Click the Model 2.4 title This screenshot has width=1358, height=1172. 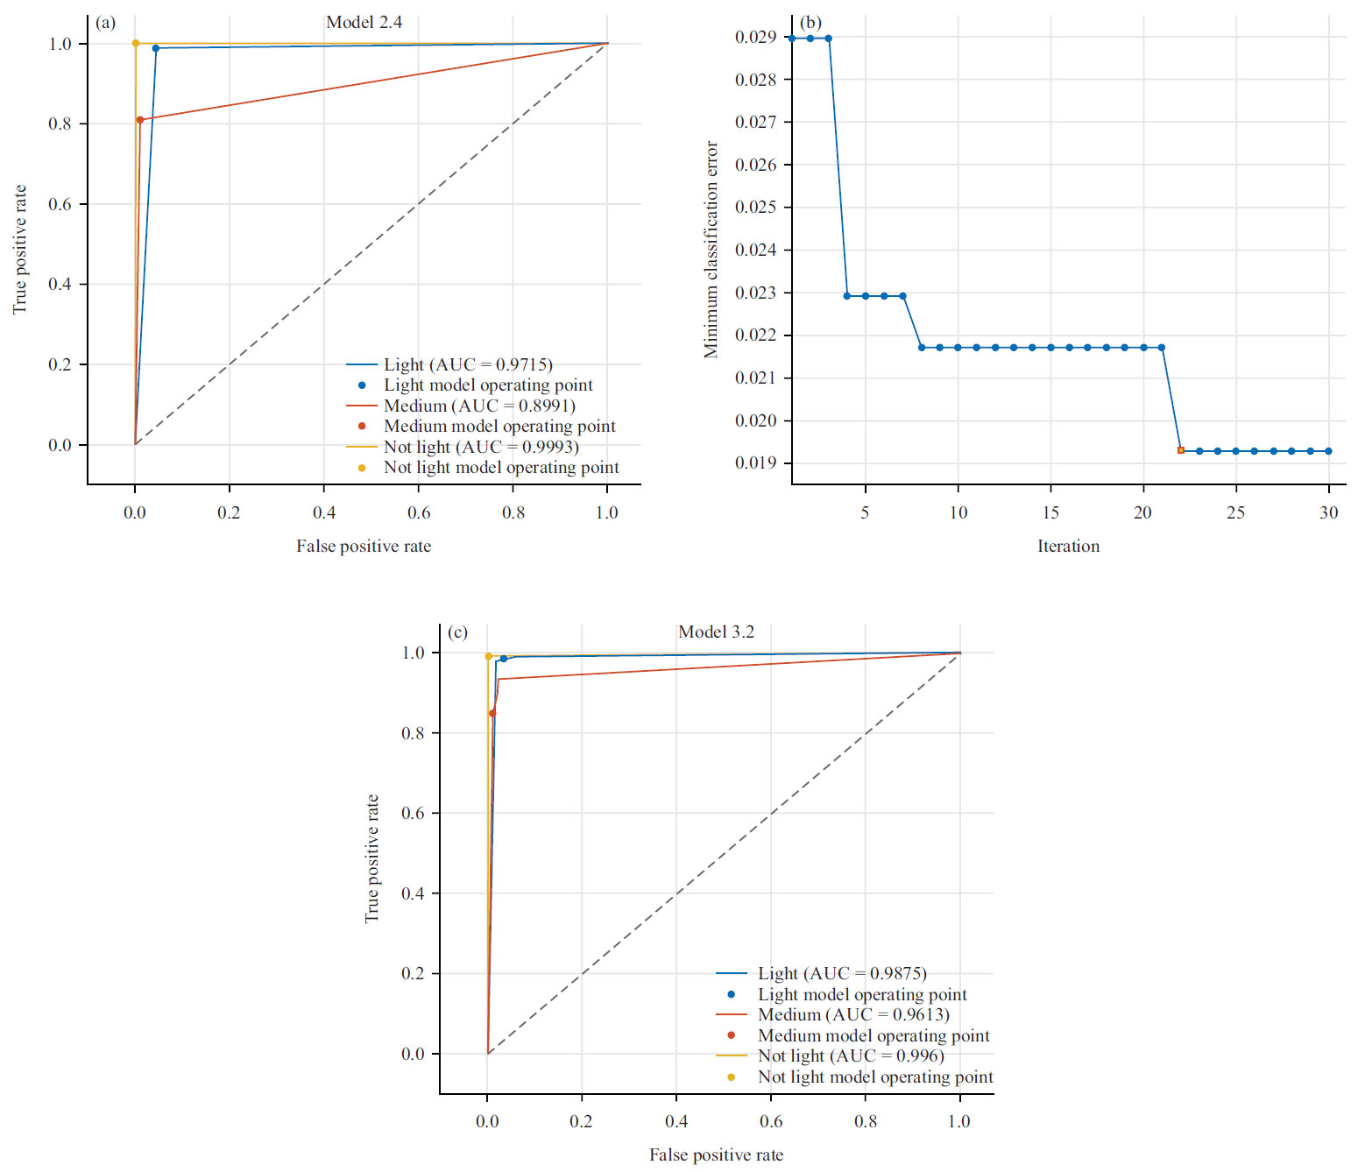(364, 23)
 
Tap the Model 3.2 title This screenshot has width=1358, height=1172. (716, 632)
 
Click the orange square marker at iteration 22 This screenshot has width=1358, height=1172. (1180, 450)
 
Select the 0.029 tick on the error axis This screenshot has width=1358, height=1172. (755, 37)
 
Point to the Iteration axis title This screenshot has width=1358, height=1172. (1068, 547)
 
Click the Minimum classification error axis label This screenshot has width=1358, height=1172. (711, 250)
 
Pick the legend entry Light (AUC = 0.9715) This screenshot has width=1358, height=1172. (467, 364)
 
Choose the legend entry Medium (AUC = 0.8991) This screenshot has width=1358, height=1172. (478, 406)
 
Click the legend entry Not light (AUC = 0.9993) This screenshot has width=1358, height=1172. (480, 447)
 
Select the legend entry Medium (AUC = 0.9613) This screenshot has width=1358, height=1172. (852, 1014)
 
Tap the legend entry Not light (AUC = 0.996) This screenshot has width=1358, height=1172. (850, 1056)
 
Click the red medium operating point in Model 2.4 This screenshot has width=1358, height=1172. (140, 120)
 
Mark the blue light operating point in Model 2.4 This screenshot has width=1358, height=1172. (156, 48)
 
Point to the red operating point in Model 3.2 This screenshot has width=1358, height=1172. (492, 713)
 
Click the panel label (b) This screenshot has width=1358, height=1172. (810, 23)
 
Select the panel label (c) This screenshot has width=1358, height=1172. (457, 632)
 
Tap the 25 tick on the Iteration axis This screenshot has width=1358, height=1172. (1235, 512)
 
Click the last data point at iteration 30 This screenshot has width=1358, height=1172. (1328, 451)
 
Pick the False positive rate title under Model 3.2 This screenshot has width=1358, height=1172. (716, 1155)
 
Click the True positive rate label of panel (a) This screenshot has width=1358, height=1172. (19, 250)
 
